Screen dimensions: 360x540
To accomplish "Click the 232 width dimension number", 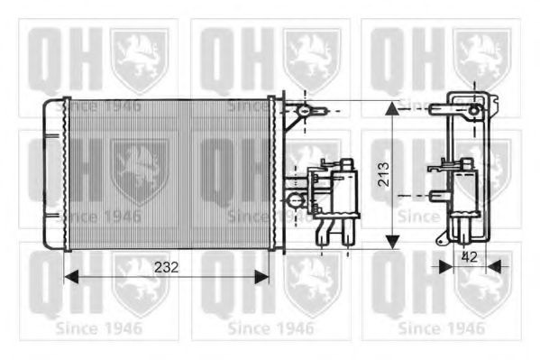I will point(165,267).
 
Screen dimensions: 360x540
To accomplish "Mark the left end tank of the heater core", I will point(55,173).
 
